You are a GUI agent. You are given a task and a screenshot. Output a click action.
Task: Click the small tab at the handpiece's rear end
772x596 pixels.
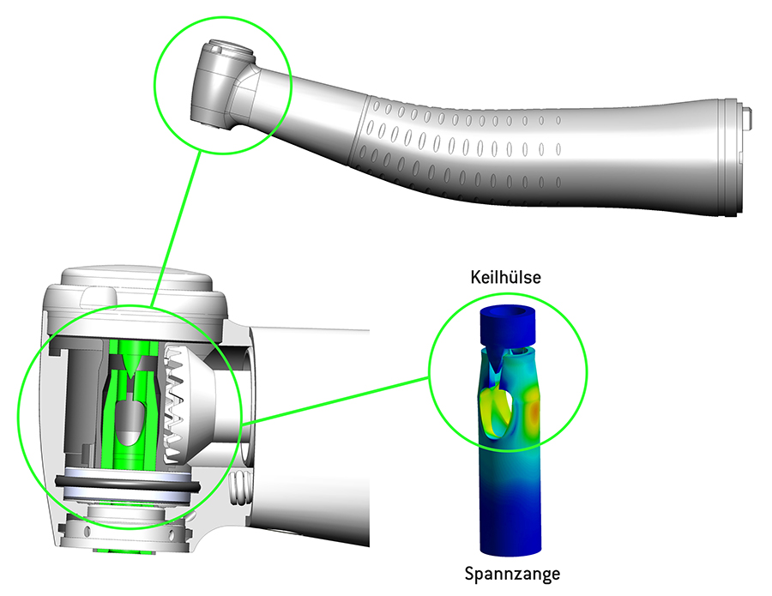[x=748, y=117]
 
